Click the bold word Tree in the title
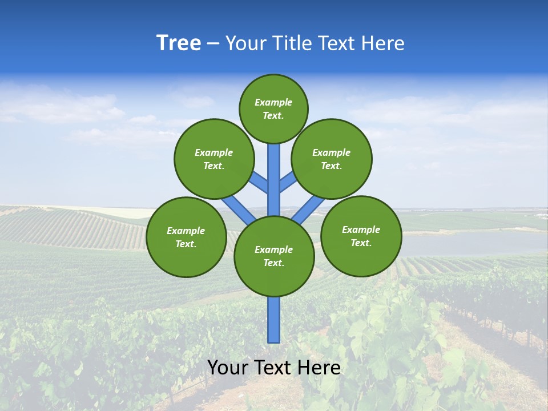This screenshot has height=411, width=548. pyautogui.click(x=179, y=43)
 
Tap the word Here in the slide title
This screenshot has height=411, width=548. pyautogui.click(x=383, y=43)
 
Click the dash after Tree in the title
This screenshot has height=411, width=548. pyautogui.click(x=213, y=44)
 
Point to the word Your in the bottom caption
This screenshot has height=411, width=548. pyautogui.click(x=227, y=368)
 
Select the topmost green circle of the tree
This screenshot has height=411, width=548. pyautogui.click(x=273, y=108)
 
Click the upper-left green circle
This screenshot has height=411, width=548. pyautogui.click(x=214, y=159)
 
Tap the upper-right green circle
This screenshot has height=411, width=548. pyautogui.click(x=332, y=159)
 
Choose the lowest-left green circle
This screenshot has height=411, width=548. pyautogui.click(x=186, y=237)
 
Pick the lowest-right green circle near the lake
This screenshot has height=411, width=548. pyautogui.click(x=361, y=236)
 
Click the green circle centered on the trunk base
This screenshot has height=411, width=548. pyautogui.click(x=274, y=256)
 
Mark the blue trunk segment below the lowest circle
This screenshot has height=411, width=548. pyautogui.click(x=274, y=320)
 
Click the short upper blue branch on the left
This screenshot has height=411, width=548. pyautogui.click(x=258, y=182)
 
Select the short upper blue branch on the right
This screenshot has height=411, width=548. pyautogui.click(x=289, y=181)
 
